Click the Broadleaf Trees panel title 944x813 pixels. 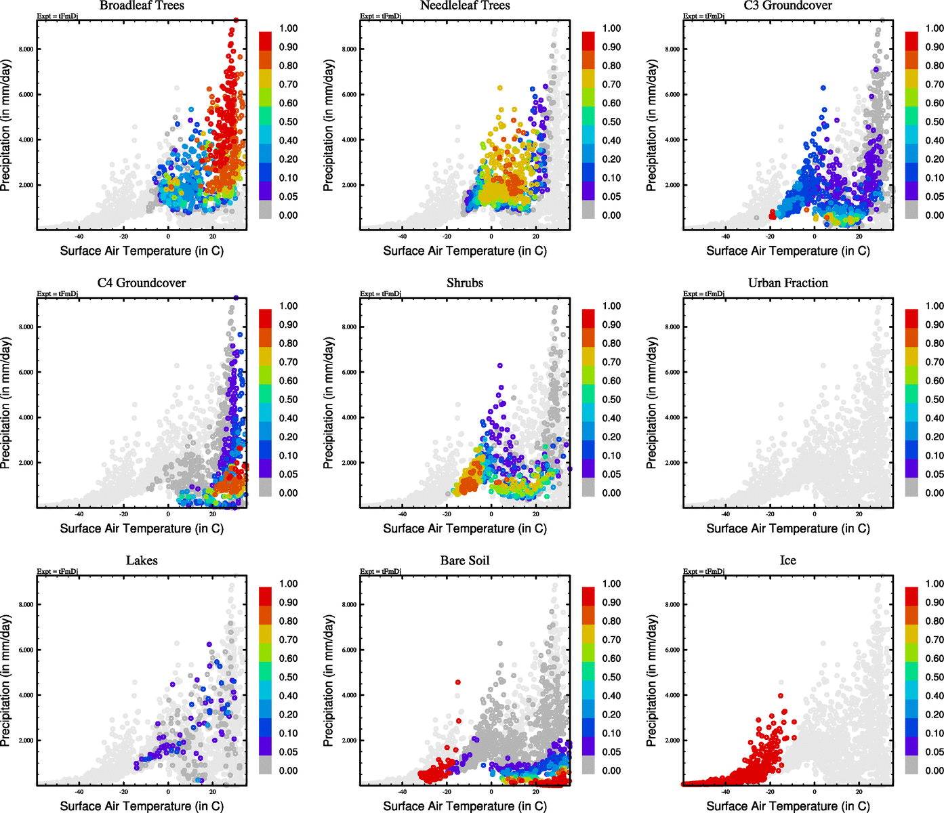tap(142, 6)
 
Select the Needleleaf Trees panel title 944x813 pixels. tap(465, 6)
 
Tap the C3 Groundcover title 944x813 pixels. tap(787, 6)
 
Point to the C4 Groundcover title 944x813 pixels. tap(142, 283)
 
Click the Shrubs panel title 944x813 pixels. tap(465, 283)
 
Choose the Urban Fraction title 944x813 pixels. tap(787, 283)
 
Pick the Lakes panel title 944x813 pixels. tap(142, 561)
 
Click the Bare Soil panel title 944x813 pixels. tap(465, 561)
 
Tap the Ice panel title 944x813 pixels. tap(787, 561)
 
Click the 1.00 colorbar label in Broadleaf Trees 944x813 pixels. tap(288, 28)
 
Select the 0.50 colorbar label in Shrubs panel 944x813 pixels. tap(611, 400)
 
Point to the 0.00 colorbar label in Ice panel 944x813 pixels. tap(935, 771)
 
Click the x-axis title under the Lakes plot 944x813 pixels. tap(142, 806)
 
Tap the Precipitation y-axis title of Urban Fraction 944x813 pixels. tap(652, 403)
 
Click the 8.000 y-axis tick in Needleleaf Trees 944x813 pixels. tap(349, 49)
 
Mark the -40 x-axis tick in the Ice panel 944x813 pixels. tap(725, 792)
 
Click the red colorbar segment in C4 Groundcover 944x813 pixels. tap(265, 318)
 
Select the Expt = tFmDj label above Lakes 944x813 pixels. tap(58, 572)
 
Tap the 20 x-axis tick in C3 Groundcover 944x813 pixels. tap(859, 237)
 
